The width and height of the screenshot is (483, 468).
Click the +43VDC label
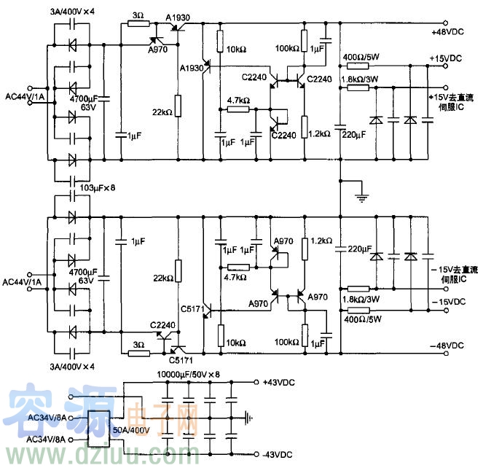[x=279, y=382]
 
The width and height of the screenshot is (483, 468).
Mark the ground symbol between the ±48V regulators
[x=358, y=193]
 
